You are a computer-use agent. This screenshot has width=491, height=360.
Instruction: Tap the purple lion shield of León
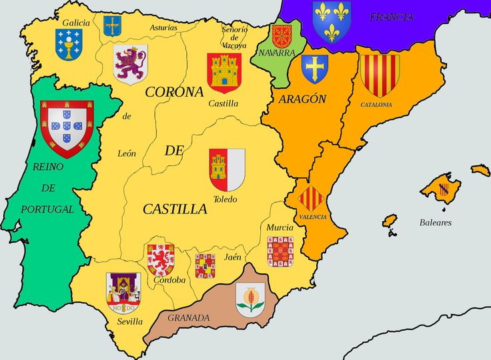click(x=130, y=63)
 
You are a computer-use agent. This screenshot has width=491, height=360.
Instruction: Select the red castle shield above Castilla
click(x=223, y=72)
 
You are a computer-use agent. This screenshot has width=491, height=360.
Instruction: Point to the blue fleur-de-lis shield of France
click(x=332, y=20)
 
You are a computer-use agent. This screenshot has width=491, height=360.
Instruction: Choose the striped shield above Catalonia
click(x=380, y=74)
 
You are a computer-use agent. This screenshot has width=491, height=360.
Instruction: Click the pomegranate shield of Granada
click(x=250, y=298)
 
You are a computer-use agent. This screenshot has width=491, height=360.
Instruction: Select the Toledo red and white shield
click(x=227, y=170)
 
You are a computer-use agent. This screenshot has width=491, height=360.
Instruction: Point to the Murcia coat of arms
click(x=280, y=251)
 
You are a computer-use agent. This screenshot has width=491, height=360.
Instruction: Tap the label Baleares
click(x=435, y=223)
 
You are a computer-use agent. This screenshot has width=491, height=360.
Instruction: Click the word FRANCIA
click(x=391, y=17)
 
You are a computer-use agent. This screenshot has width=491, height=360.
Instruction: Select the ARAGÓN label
click(x=302, y=99)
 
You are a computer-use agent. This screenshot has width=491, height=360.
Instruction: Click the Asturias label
click(x=163, y=27)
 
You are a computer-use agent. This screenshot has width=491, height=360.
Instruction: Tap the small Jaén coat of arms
click(x=205, y=265)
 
